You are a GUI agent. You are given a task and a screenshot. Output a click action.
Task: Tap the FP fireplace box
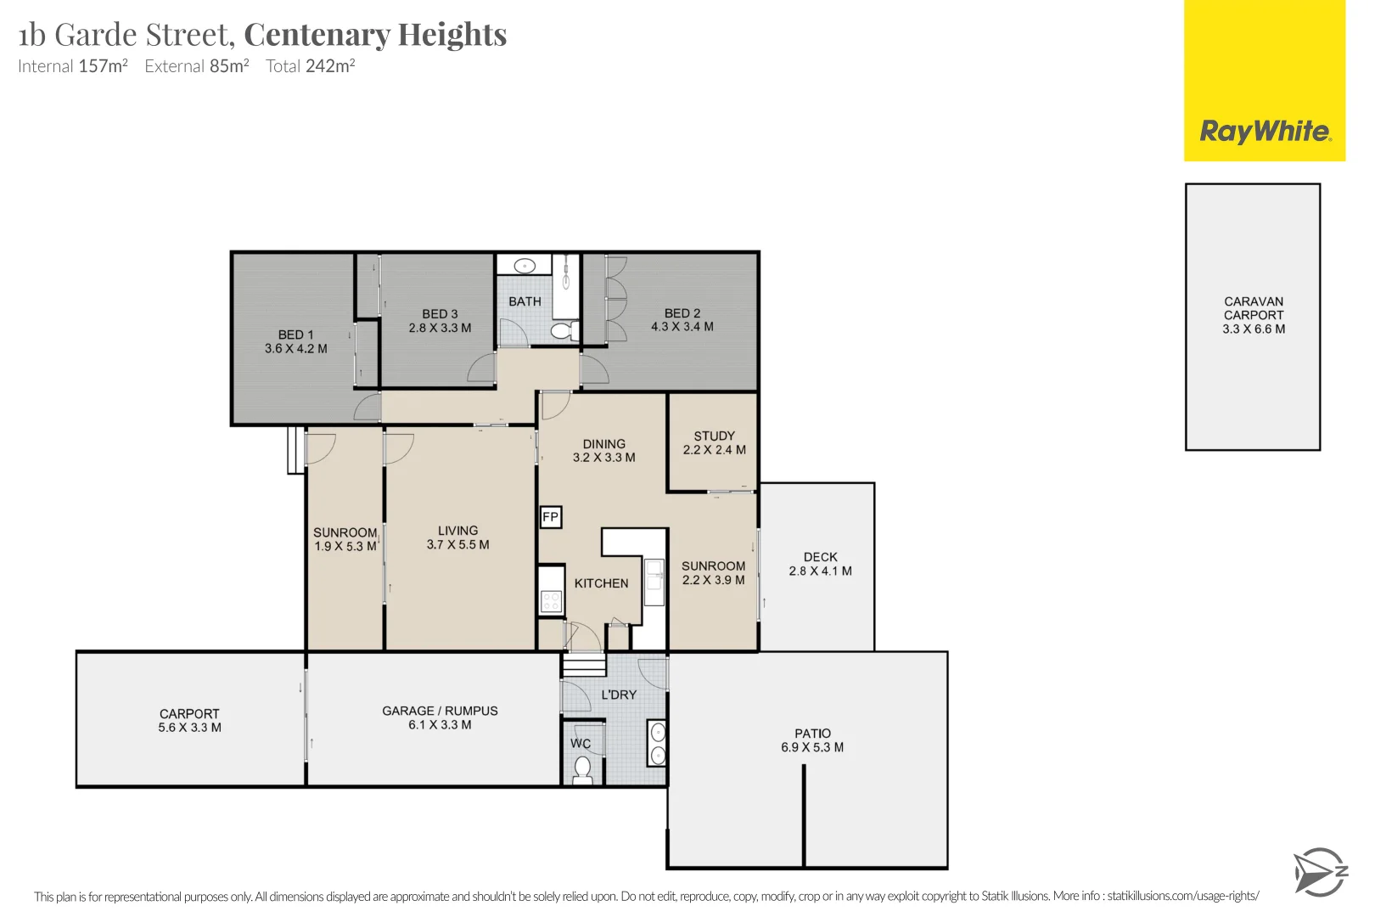pos(551,517)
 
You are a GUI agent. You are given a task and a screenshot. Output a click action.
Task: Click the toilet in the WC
pos(581,769)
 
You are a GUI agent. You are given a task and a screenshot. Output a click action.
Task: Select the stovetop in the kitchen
pos(551,601)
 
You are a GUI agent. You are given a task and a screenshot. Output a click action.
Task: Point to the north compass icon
pos(1320,872)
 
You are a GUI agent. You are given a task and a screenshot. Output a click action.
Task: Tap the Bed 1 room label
pos(296,335)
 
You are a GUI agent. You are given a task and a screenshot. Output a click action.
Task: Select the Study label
pos(715,436)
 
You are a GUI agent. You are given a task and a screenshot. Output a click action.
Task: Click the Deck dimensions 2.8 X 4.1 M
pos(820,571)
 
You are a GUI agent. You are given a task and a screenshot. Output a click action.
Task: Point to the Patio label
pos(813,734)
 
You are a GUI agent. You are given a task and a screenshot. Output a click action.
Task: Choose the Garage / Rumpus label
pos(441,711)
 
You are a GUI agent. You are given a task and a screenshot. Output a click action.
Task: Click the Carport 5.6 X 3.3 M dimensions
pos(189,728)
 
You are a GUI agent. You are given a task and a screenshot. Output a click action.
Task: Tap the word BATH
pos(525,301)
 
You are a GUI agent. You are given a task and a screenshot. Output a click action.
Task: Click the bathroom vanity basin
pos(525,266)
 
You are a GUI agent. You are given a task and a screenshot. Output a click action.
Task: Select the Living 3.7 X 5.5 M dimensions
pos(458,545)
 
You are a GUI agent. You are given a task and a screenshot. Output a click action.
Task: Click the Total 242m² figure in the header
pos(311,65)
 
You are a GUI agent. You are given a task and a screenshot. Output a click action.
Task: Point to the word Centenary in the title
pos(317,35)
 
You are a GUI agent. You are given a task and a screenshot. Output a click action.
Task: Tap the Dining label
pos(604,444)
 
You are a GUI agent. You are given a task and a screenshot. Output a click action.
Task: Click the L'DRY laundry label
pos(619,695)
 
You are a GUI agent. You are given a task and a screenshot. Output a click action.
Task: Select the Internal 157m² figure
pos(73,65)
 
